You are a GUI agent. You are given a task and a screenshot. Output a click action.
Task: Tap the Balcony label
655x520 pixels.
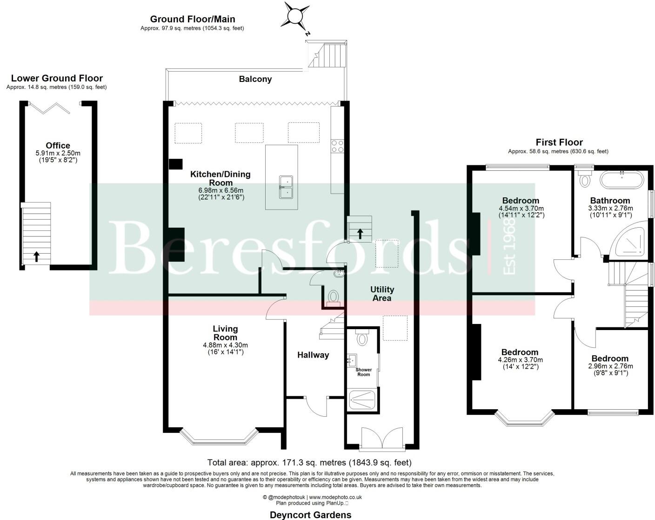(255, 79)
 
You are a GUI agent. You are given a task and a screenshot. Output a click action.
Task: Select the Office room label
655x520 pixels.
(58, 146)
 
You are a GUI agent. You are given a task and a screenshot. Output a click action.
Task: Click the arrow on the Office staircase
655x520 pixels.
(36, 256)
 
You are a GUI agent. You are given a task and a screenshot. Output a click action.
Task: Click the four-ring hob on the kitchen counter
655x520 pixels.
(337, 146)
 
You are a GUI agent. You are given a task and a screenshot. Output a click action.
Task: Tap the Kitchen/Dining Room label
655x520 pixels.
(220, 178)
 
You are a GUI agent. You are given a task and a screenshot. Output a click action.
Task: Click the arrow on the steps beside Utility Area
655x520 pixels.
(360, 233)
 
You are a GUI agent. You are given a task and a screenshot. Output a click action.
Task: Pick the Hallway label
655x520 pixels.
(313, 355)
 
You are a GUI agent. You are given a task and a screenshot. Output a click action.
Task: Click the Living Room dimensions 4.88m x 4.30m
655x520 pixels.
(225, 345)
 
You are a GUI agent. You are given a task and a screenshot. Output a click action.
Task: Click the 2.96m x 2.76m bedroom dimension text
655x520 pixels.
(610, 366)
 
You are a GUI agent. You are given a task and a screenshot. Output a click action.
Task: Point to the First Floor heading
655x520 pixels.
(559, 142)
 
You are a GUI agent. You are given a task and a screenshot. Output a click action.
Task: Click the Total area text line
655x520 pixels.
(309, 463)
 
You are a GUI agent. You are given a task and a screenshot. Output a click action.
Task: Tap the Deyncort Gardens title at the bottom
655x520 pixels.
(310, 514)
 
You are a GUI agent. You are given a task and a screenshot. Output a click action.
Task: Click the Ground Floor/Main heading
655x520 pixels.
(192, 19)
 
